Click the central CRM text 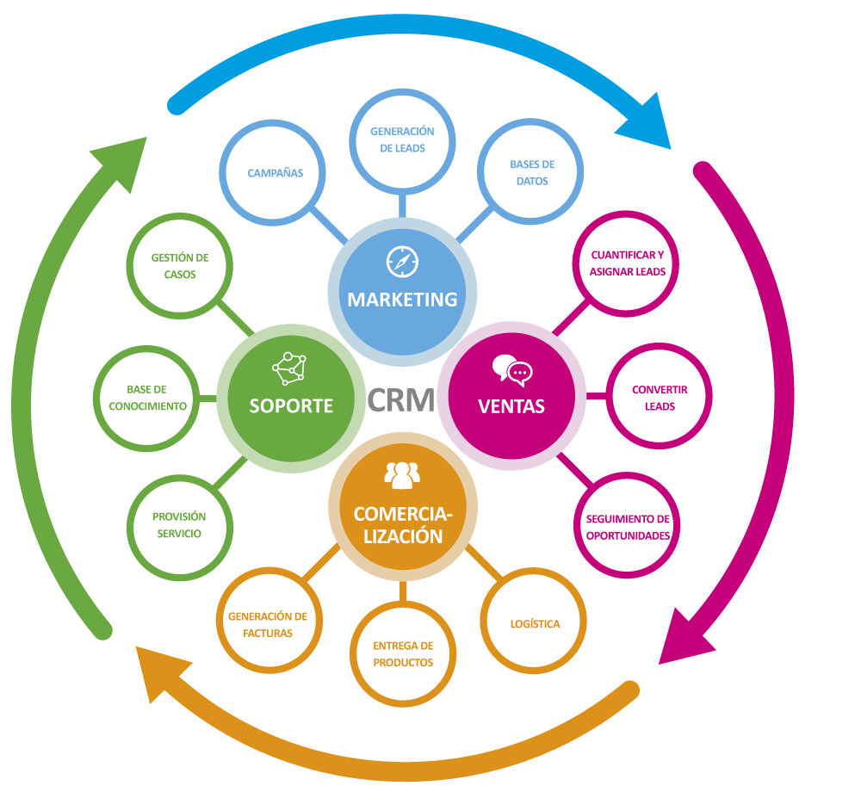[400, 399]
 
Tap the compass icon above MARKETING [402, 261]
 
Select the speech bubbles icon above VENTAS [512, 369]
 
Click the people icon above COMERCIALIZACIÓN [402, 473]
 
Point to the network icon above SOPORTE [289, 368]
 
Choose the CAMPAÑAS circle [276, 173]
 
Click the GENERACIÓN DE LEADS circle [402, 139]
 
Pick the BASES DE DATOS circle [532, 172]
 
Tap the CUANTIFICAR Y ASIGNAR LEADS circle [627, 263]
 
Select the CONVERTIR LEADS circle [660, 398]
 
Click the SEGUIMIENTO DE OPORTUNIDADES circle [627, 527]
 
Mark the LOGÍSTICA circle [534, 623]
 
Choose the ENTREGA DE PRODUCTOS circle [402, 653]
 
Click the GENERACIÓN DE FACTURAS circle [268, 624]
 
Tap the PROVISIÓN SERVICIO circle [179, 525]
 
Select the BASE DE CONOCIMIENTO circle [147, 398]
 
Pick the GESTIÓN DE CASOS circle [179, 265]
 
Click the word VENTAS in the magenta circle [511, 405]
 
